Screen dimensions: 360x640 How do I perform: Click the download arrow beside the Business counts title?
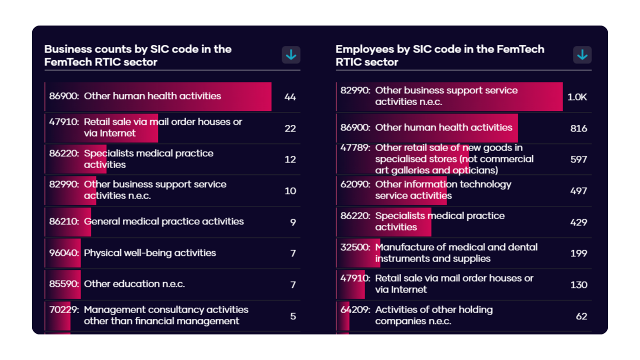[291, 55]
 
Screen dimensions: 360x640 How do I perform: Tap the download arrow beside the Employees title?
[582, 55]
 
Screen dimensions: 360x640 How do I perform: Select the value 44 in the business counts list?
[290, 97]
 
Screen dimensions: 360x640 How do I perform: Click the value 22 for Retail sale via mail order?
[290, 128]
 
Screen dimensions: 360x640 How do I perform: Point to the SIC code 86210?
[64, 221]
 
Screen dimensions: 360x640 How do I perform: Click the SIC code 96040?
[64, 253]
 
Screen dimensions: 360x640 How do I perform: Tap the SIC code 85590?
[64, 284]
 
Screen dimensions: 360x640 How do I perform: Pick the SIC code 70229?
[64, 310]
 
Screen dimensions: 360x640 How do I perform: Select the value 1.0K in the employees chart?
[577, 97]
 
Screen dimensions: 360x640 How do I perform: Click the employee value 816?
[578, 128]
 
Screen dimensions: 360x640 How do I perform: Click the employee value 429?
[578, 222]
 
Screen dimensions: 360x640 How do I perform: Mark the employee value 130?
[578, 284]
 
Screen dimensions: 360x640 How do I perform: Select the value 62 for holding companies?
[581, 316]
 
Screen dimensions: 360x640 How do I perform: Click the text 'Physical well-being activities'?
[150, 253]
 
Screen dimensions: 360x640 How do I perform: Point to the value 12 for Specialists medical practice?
[290, 159]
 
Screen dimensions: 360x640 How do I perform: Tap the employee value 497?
[578, 191]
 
